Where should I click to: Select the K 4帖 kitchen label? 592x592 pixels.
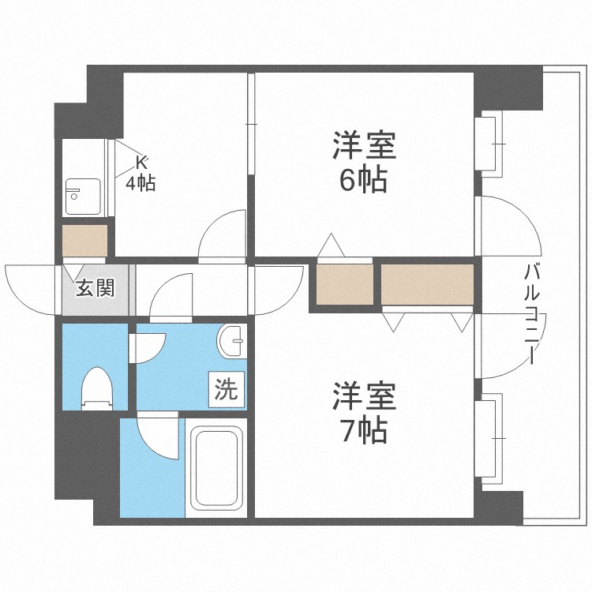click(141, 174)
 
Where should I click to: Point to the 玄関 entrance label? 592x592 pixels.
click(95, 288)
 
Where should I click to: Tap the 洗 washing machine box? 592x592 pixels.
click(227, 389)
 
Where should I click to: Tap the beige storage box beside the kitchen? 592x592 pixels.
click(84, 242)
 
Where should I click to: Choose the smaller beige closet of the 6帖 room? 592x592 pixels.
click(345, 284)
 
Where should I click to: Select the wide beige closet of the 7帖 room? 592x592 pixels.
click(428, 284)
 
